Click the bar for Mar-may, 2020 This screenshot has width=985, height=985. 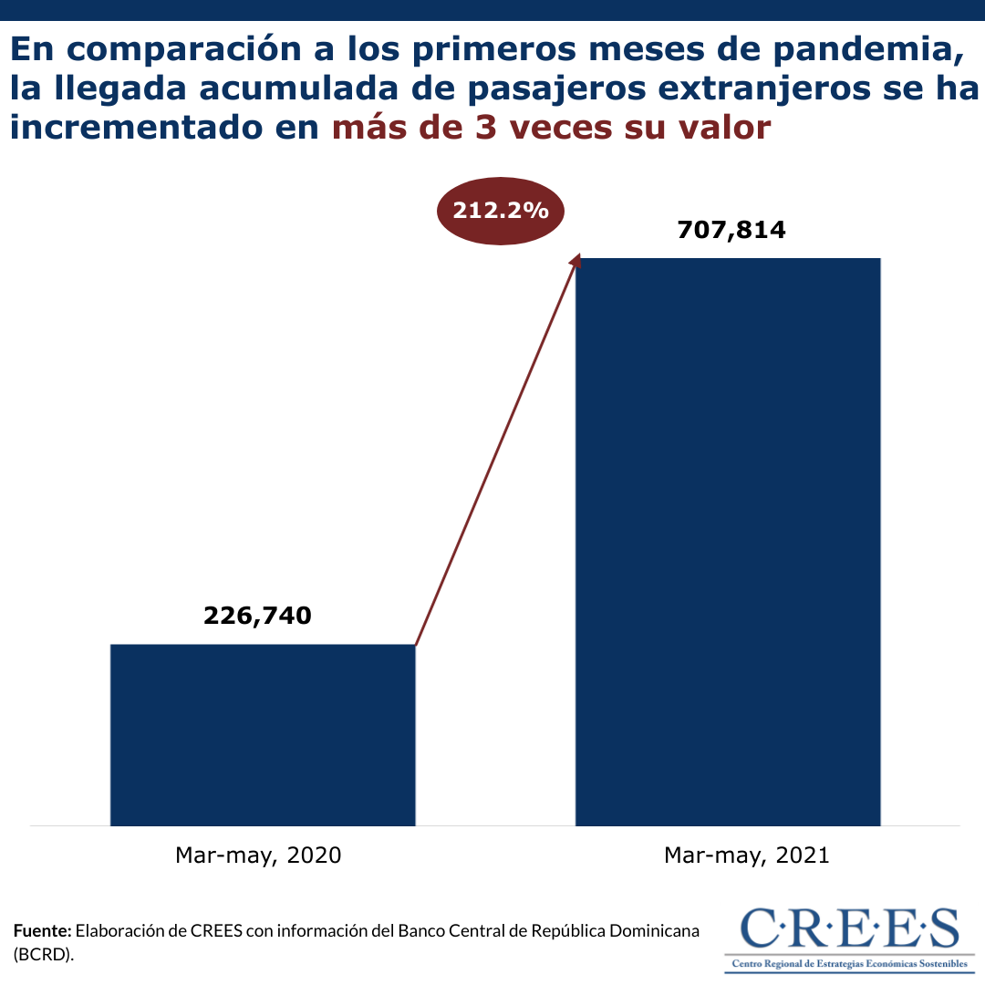click(x=263, y=734)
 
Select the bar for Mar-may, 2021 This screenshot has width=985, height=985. click(x=728, y=542)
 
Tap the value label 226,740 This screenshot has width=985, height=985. click(x=257, y=616)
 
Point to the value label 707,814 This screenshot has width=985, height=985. click(x=731, y=229)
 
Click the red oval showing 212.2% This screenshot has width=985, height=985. click(x=501, y=212)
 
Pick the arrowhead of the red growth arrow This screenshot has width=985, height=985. click(x=575, y=260)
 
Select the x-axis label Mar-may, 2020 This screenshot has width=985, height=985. click(x=258, y=855)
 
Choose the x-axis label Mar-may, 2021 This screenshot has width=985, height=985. click(x=747, y=855)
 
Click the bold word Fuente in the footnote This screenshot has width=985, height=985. click(x=42, y=931)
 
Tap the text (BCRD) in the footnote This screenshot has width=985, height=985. click(x=44, y=954)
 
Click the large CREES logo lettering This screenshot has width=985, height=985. click(x=850, y=929)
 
